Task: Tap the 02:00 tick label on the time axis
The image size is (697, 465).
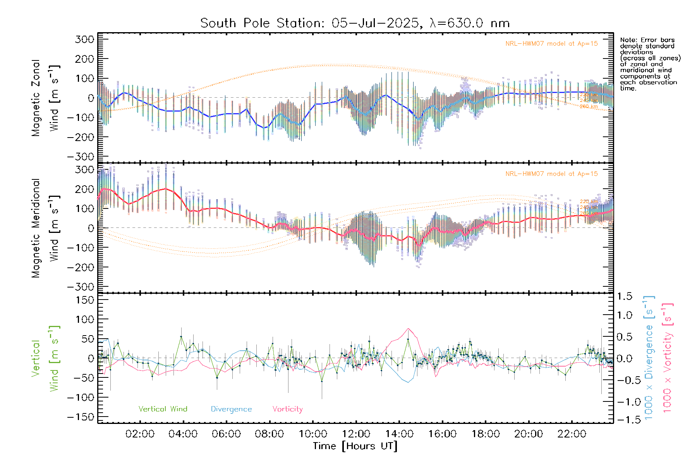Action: coord(140,434)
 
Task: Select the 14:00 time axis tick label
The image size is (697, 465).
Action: coord(399,434)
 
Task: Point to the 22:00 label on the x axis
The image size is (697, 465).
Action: coord(572,434)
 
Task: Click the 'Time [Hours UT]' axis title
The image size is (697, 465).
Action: coord(355,446)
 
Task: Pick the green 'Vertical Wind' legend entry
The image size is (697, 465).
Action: coord(163,409)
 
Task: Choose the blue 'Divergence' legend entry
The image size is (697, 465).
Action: coord(231,409)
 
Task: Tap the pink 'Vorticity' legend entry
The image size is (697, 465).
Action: coord(287,409)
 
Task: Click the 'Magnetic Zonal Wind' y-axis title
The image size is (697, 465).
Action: coord(46,98)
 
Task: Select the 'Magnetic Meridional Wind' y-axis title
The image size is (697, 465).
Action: coord(46,228)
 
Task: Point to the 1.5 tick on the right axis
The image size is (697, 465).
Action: coord(624,296)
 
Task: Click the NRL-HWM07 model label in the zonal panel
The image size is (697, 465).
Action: coord(551,44)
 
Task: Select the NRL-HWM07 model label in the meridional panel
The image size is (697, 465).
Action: coord(551,174)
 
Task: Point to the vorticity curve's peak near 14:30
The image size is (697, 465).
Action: coord(408,329)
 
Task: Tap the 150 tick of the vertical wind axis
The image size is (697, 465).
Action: coord(85,300)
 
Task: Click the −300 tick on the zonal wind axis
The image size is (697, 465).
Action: coord(81,157)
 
